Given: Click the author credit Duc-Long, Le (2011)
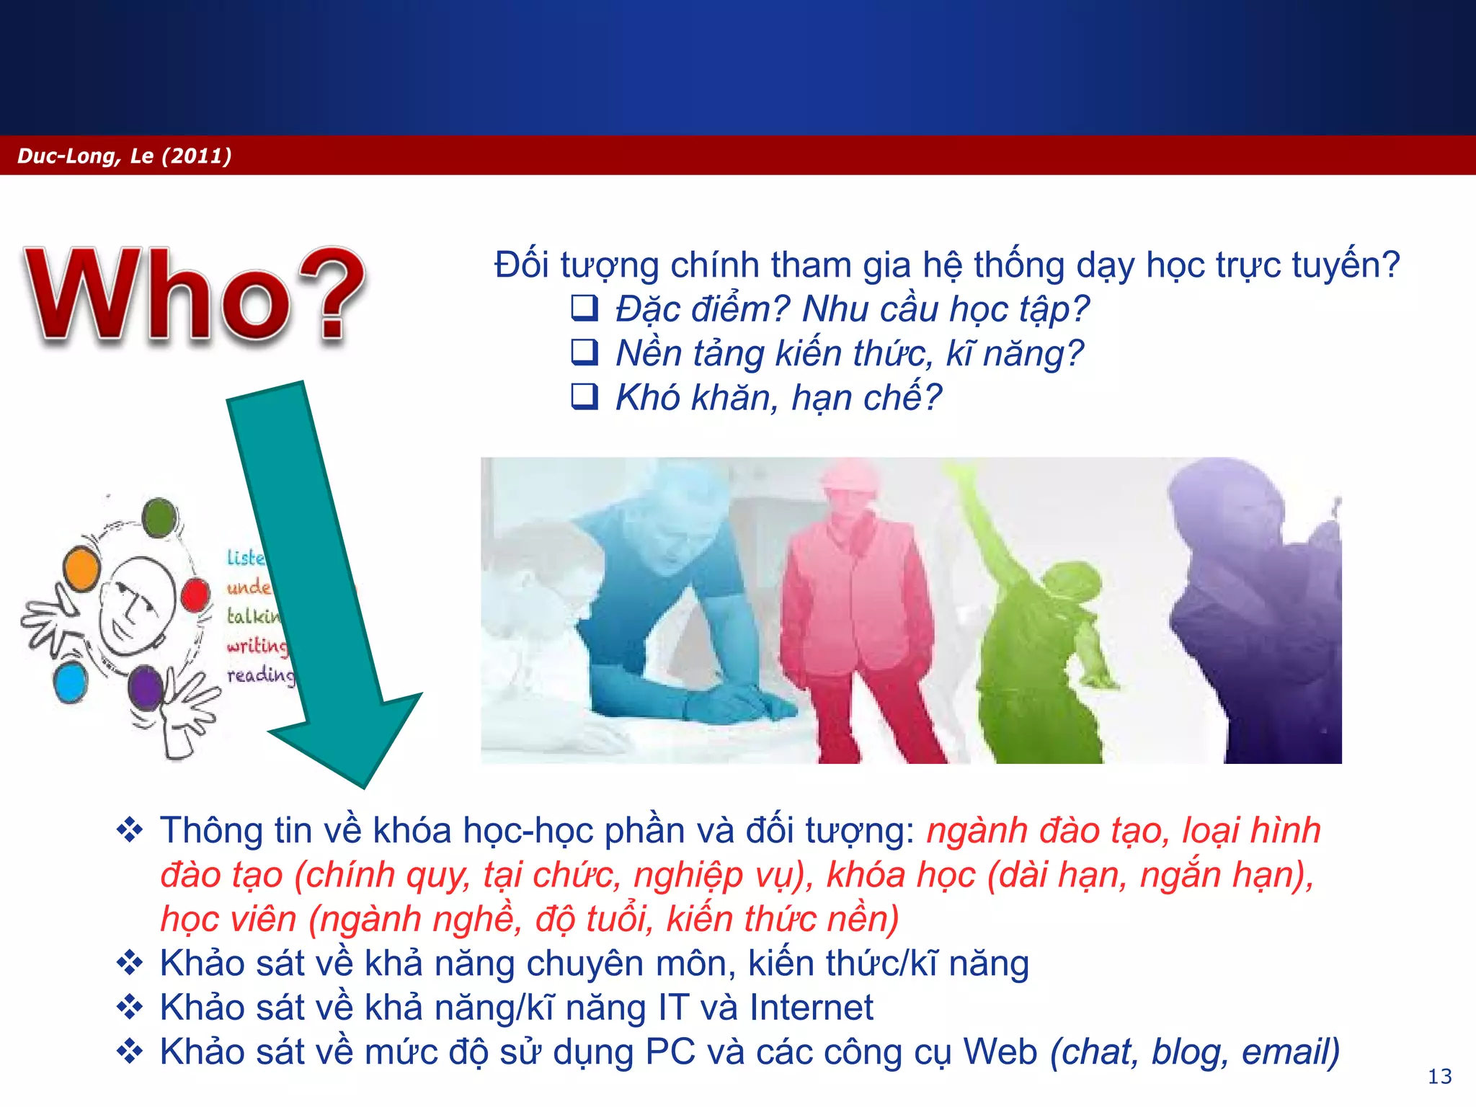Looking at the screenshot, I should tap(124, 156).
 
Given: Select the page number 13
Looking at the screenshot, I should tap(1439, 1076).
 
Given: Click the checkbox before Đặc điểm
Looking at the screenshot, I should tap(584, 308).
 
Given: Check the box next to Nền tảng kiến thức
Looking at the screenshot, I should tap(584, 352).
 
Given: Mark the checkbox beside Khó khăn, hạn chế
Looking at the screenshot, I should tap(584, 396).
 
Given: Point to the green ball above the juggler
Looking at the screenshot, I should tap(159, 517).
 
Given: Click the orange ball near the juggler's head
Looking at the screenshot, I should tap(81, 568).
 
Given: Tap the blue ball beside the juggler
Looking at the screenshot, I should tap(71, 683).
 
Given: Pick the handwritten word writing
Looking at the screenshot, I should tap(257, 646).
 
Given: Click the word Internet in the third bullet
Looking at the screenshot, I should tap(811, 1008).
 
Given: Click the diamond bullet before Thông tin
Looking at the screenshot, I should tap(130, 830).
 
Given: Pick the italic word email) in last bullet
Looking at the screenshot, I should tap(1290, 1052).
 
